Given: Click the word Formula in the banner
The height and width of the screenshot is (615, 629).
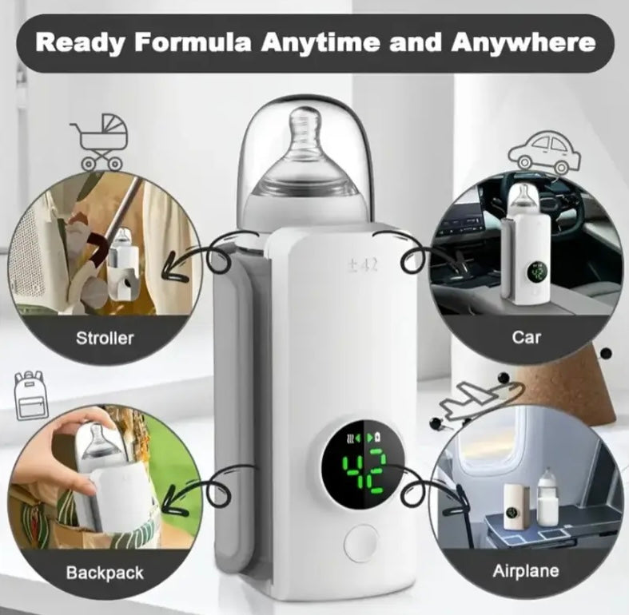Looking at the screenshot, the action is click(193, 42).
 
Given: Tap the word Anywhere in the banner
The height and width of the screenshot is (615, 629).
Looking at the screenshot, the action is click(523, 43).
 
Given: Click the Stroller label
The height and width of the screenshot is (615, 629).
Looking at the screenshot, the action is click(105, 339).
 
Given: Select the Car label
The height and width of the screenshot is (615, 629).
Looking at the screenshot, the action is click(526, 337).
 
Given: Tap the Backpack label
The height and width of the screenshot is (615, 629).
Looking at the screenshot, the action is click(105, 573).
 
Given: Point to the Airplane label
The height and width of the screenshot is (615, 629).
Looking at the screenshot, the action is click(526, 571).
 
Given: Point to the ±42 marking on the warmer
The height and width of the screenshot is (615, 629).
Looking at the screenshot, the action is click(363, 265).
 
